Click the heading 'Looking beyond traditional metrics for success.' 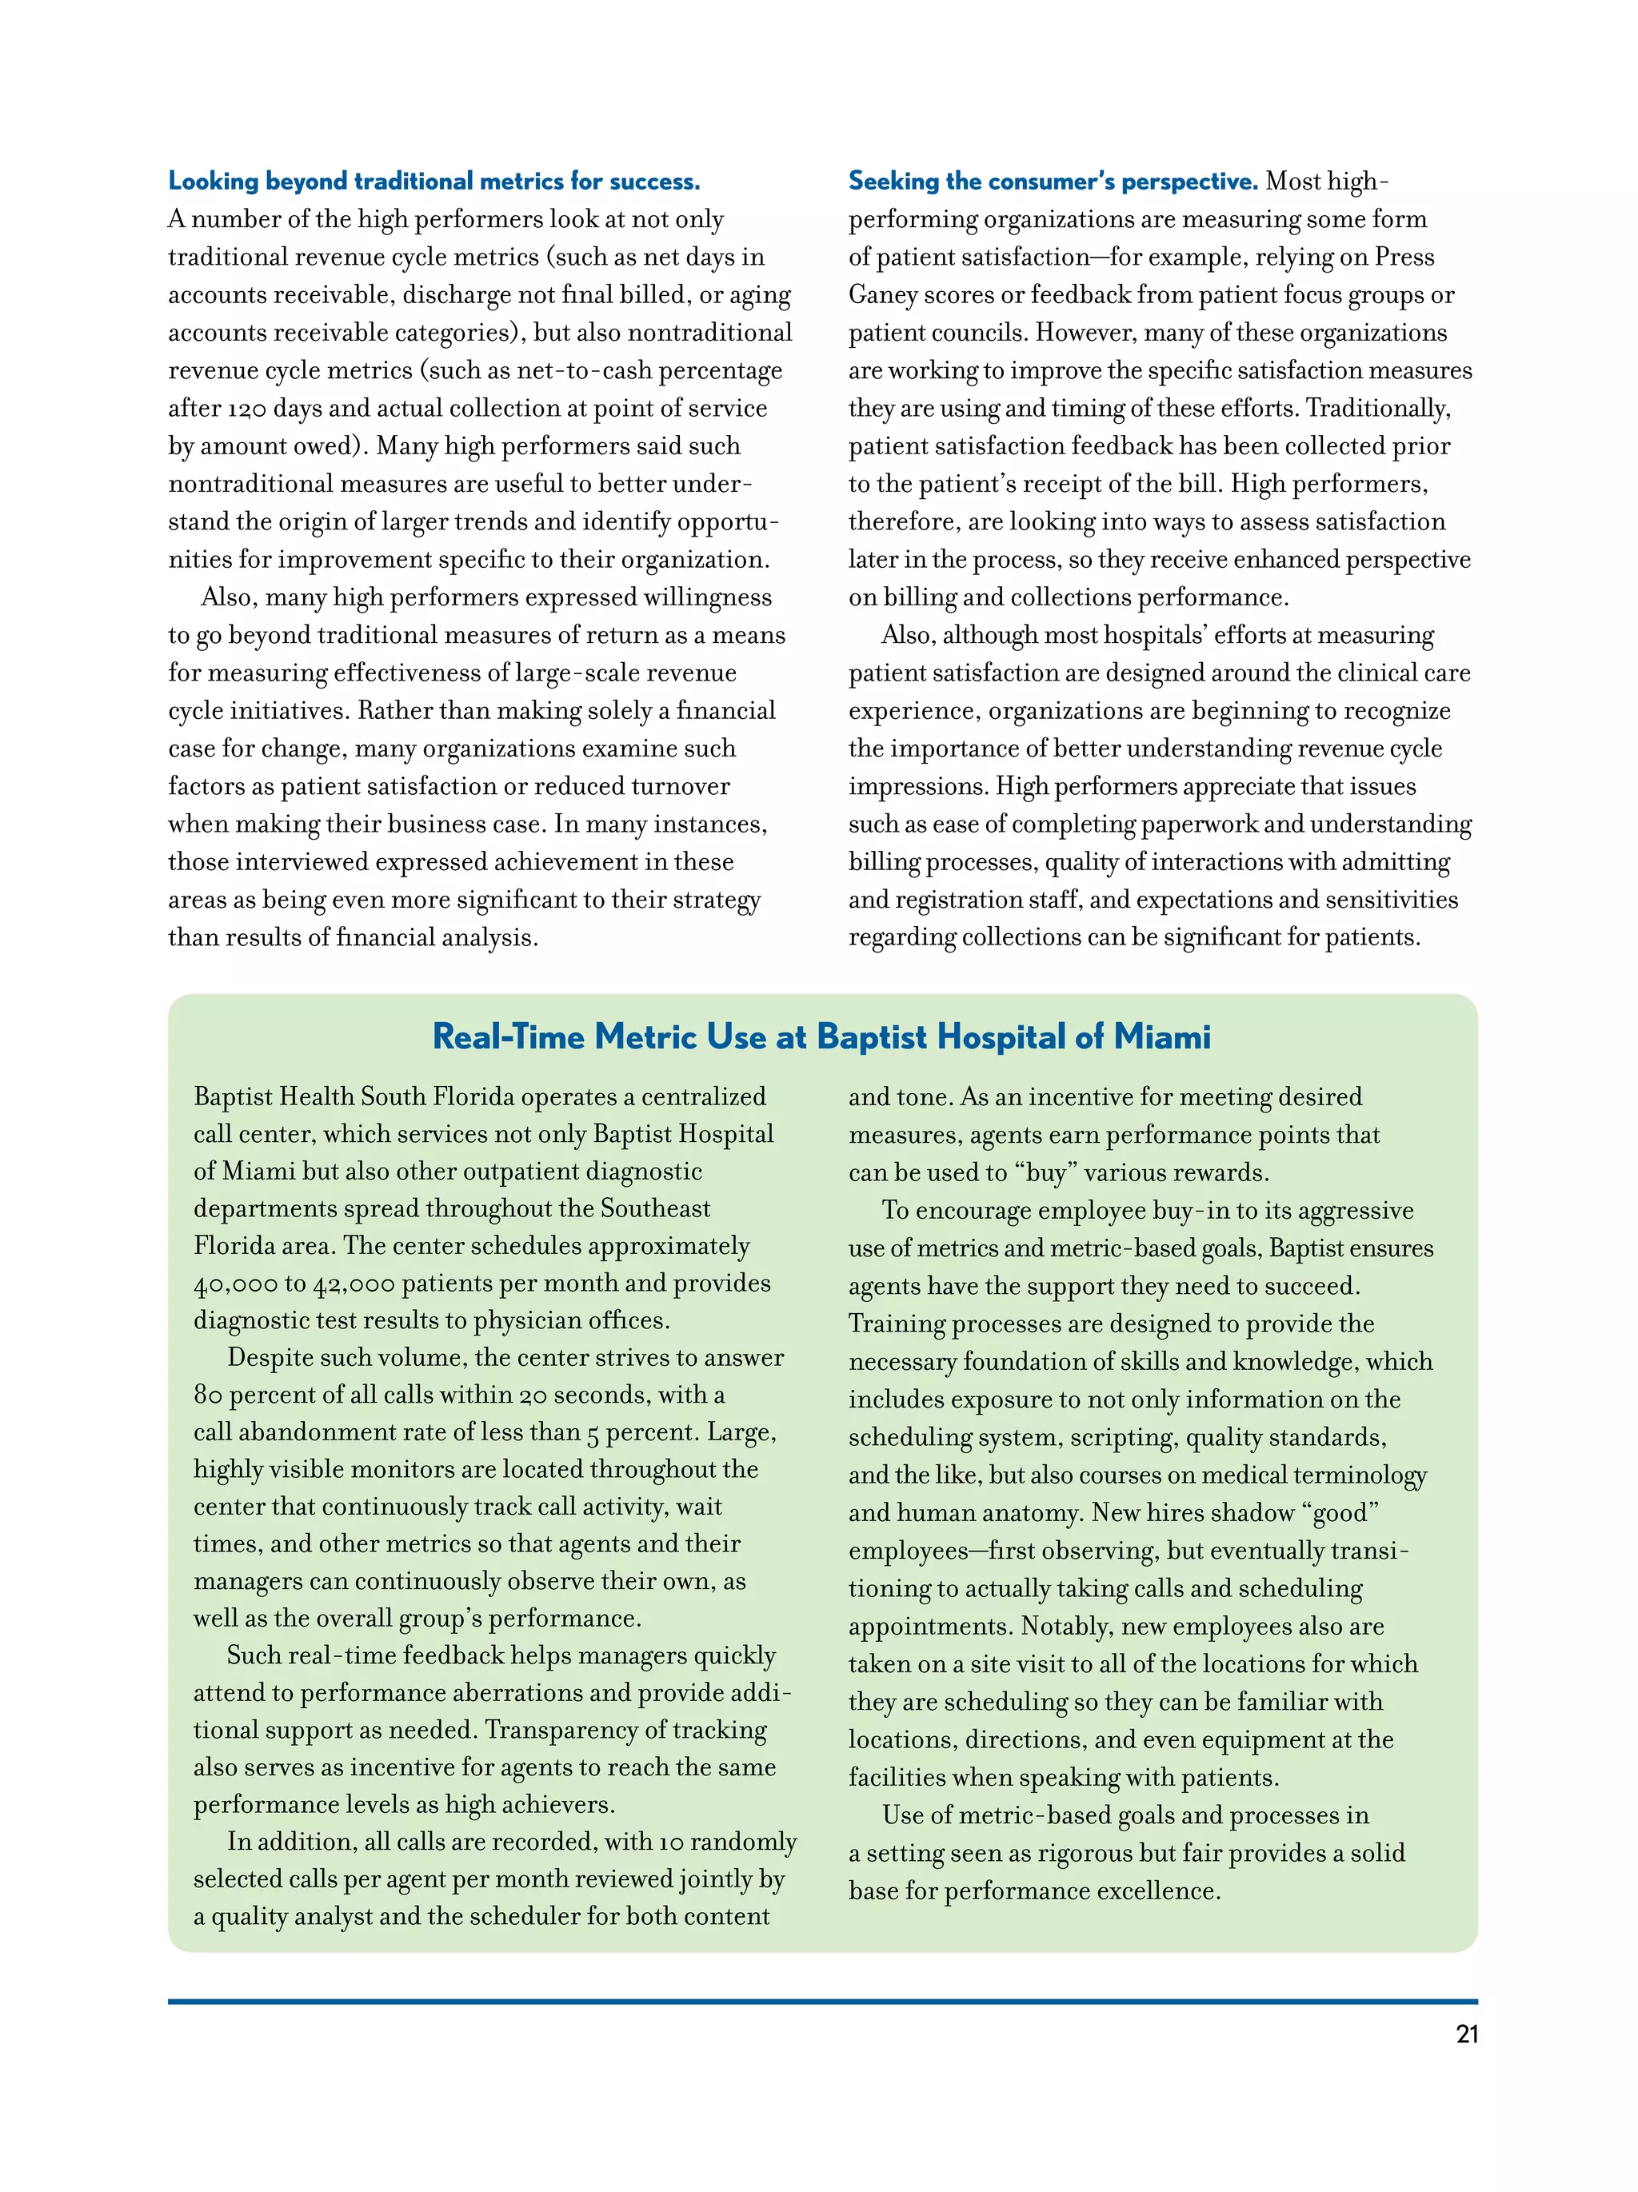click(434, 182)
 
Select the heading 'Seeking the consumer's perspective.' click(1053, 182)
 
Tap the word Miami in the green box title click(1161, 1036)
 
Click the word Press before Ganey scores click(1403, 258)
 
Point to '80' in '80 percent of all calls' click(208, 1395)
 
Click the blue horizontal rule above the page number click(822, 2002)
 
